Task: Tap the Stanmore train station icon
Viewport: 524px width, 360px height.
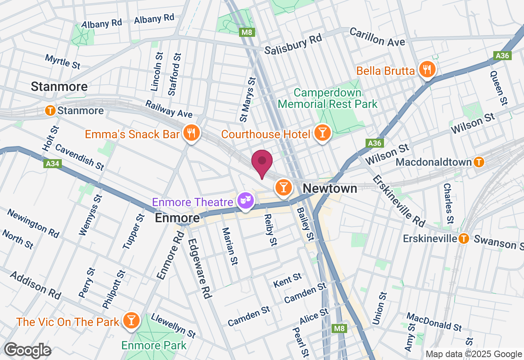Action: (x=50, y=110)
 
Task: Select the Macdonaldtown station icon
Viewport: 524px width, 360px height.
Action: (x=479, y=162)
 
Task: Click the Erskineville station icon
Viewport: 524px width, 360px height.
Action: (x=463, y=238)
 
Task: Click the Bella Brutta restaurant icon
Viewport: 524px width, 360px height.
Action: (x=427, y=69)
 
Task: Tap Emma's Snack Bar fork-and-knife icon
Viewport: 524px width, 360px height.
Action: (x=191, y=133)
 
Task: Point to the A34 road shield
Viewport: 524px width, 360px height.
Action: (x=51, y=164)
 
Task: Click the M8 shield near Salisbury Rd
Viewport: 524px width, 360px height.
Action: (x=247, y=32)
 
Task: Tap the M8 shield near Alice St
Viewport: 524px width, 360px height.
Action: (x=339, y=328)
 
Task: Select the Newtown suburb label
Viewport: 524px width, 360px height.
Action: (x=330, y=189)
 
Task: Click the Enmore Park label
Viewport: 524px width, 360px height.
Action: (x=154, y=345)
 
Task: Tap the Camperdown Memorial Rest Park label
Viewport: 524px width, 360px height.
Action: (x=327, y=98)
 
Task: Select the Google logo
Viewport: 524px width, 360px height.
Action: (x=27, y=350)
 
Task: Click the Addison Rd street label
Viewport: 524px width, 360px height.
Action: (x=36, y=285)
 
